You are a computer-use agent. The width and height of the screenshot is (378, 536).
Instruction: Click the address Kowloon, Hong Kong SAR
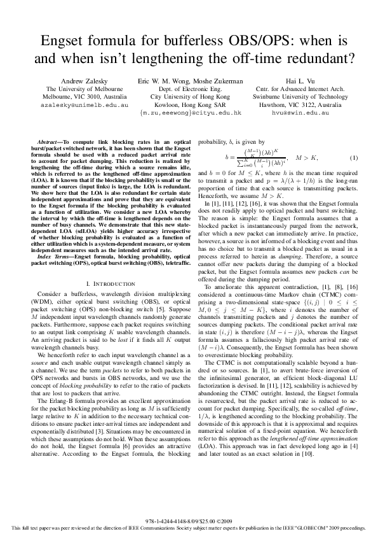pos(190,104)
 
